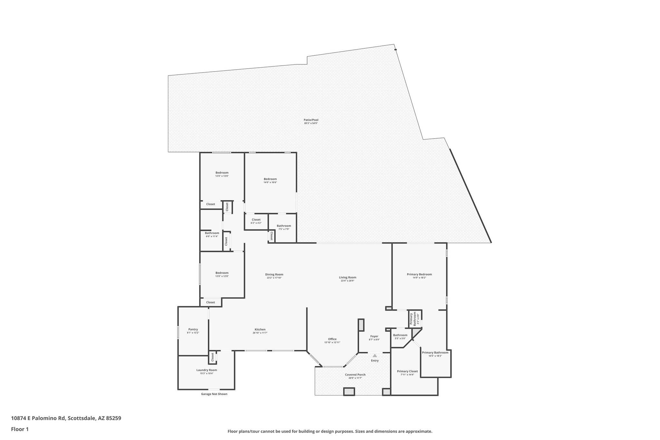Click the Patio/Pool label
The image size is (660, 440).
pyautogui.click(x=311, y=120)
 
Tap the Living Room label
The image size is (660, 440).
pyautogui.click(x=347, y=278)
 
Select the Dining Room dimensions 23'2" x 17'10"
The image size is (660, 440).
pyautogui.click(x=274, y=278)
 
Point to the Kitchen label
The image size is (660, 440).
pyautogui.click(x=260, y=330)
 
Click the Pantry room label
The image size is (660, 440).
pyautogui.click(x=193, y=329)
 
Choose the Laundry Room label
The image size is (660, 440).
pyautogui.click(x=207, y=370)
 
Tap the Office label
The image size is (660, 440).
pyautogui.click(x=332, y=339)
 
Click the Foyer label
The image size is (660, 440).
pyautogui.click(x=374, y=337)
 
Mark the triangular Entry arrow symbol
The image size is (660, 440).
pyautogui.click(x=374, y=356)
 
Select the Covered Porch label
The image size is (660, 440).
pyautogui.click(x=355, y=375)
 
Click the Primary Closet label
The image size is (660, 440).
pyautogui.click(x=407, y=371)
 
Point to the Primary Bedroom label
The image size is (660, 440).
pyautogui.click(x=419, y=275)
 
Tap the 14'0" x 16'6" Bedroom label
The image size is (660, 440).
pyautogui.click(x=270, y=179)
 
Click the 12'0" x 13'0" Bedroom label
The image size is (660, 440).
pyautogui.click(x=222, y=173)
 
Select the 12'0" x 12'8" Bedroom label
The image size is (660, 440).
pyautogui.click(x=222, y=273)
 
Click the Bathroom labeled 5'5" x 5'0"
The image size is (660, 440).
pyautogui.click(x=400, y=335)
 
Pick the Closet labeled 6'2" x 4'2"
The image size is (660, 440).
pyautogui.click(x=256, y=220)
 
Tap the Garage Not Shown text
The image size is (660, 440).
pyautogui.click(x=214, y=394)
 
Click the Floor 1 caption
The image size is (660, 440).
pyautogui.click(x=20, y=429)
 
